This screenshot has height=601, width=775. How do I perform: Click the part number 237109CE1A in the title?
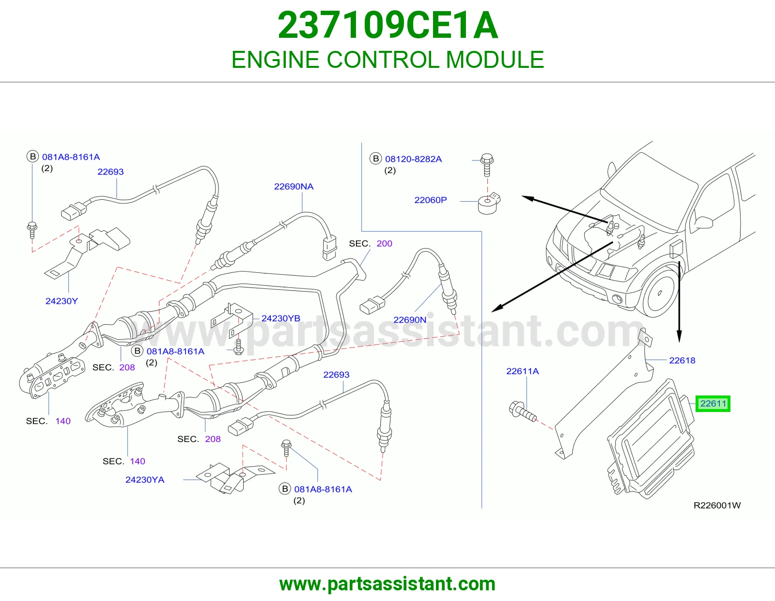[387, 25]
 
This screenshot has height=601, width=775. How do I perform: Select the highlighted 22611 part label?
[713, 404]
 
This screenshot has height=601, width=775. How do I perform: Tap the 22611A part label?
[523, 371]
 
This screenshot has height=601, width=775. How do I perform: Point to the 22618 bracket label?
[682, 361]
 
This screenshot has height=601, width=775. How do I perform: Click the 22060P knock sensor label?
[431, 200]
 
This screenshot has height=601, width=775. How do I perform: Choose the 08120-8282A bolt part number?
[413, 159]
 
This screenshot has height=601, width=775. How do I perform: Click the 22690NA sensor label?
[294, 186]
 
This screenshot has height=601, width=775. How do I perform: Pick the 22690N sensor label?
[410, 320]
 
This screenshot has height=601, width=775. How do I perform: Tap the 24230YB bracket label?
[280, 318]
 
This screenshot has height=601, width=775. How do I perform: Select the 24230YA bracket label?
[145, 480]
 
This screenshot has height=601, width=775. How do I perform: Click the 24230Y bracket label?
[62, 301]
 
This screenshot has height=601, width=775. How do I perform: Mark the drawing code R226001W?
[717, 506]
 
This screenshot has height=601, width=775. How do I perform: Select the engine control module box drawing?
[651, 439]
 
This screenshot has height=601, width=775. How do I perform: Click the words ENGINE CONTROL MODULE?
[387, 60]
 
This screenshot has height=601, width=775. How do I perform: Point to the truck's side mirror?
[703, 222]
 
